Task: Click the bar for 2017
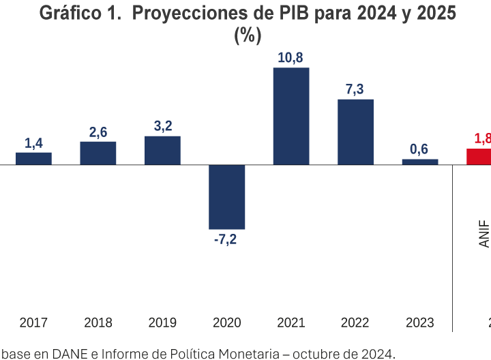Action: (x=33, y=158)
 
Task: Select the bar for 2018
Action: (x=98, y=153)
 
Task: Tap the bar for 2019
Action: (x=162, y=150)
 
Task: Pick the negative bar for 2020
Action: (x=226, y=196)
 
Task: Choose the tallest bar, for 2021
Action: (x=291, y=116)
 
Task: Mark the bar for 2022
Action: (x=355, y=132)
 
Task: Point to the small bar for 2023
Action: (x=420, y=162)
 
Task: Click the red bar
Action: (x=479, y=156)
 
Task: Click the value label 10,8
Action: (x=291, y=58)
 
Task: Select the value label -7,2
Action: (x=226, y=239)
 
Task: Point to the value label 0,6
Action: (x=420, y=149)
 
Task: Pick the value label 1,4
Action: (x=33, y=142)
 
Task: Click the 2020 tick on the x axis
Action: (x=226, y=322)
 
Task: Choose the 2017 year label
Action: (x=33, y=322)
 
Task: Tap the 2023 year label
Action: (x=420, y=322)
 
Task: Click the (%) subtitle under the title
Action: (x=248, y=35)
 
